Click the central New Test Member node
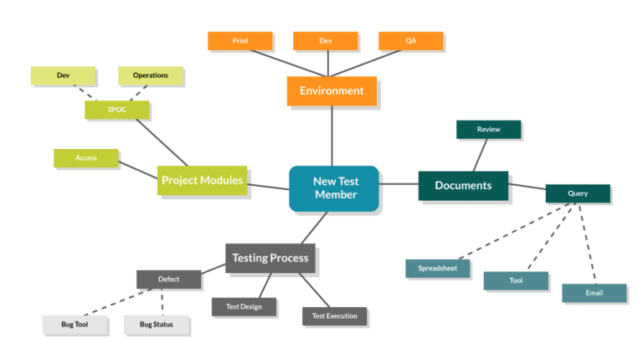(334, 188)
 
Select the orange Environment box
(332, 90)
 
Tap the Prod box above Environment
(239, 40)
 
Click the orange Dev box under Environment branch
(326, 40)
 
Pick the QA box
(410, 40)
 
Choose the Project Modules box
(202, 180)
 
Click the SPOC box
(116, 109)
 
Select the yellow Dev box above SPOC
(63, 75)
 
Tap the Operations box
(150, 75)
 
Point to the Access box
(85, 157)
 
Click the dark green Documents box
(463, 185)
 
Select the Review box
(488, 130)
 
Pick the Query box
(577, 193)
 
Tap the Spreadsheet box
(438, 269)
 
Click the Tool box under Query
(516, 280)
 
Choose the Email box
(594, 293)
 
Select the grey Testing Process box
(270, 258)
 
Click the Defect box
(168, 279)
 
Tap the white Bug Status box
(157, 324)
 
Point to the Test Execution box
(334, 316)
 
